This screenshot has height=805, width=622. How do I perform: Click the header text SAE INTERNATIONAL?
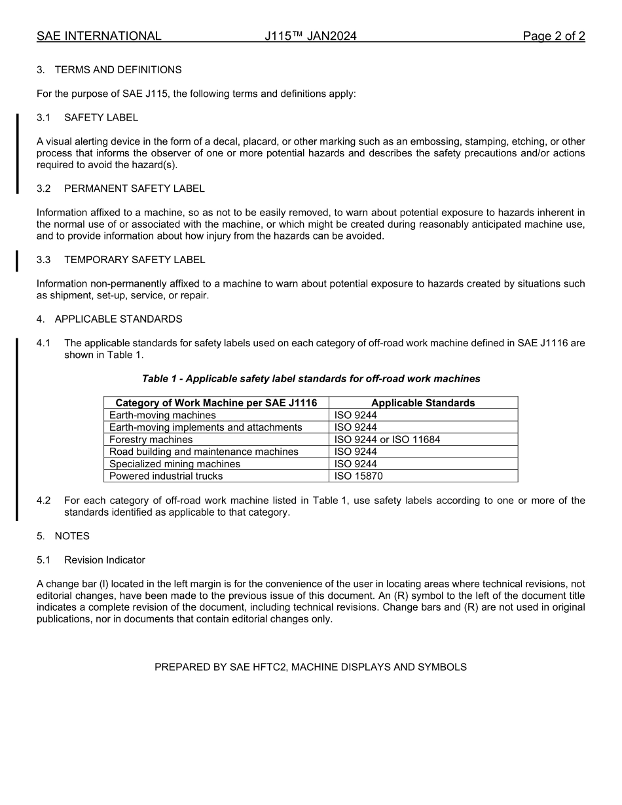pos(99,36)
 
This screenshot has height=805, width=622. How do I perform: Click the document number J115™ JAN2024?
pos(310,36)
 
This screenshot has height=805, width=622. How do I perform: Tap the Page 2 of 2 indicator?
pos(553,36)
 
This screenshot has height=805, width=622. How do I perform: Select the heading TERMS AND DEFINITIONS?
pos(118,70)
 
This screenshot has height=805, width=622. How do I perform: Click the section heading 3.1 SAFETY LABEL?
pos(101,118)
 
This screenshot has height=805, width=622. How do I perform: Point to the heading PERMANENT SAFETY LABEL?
pos(134,188)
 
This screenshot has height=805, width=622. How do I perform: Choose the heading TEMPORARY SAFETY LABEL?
pos(134,260)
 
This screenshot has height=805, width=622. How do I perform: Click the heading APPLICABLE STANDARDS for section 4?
pos(118,319)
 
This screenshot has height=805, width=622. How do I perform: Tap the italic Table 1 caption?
pos(311,379)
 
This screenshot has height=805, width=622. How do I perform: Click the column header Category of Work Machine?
pos(216,403)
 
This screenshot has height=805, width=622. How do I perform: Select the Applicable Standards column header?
pos(423,403)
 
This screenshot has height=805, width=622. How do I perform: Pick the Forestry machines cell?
pos(151,440)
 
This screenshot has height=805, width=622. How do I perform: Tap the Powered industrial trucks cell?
pos(166,476)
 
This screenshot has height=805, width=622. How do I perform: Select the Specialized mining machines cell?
pos(175,464)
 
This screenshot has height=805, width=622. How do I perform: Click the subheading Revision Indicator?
pos(105,560)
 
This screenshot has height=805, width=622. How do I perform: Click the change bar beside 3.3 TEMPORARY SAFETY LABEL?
pos(17,260)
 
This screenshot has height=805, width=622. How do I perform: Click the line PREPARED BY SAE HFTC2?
pos(310,668)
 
